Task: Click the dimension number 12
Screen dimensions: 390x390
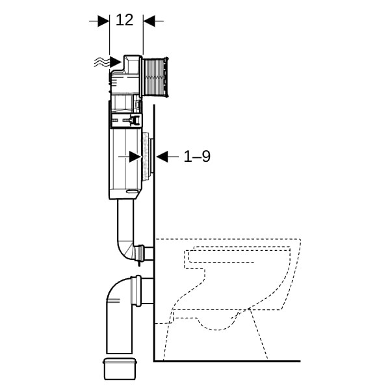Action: tap(125, 20)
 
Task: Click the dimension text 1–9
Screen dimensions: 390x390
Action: tap(197, 157)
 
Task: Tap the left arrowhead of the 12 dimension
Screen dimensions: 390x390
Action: tap(103, 21)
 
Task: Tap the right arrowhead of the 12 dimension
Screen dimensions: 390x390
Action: tap(149, 21)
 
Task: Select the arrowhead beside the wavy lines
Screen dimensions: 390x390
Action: tap(116, 62)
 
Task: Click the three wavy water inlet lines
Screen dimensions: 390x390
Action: tap(102, 62)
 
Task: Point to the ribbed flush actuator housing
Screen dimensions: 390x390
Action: tap(155, 77)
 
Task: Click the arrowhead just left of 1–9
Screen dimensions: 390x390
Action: tap(162, 157)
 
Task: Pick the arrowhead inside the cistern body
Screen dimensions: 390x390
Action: tap(136, 157)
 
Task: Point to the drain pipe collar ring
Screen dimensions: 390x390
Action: tap(136, 291)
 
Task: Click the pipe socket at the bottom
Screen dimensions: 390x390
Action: tap(120, 369)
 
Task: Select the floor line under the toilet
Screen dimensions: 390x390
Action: tap(227, 361)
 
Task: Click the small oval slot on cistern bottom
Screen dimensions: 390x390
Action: tap(133, 191)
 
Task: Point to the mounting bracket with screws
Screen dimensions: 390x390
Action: tap(126, 121)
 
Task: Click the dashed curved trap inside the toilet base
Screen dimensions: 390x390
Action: tap(216, 323)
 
